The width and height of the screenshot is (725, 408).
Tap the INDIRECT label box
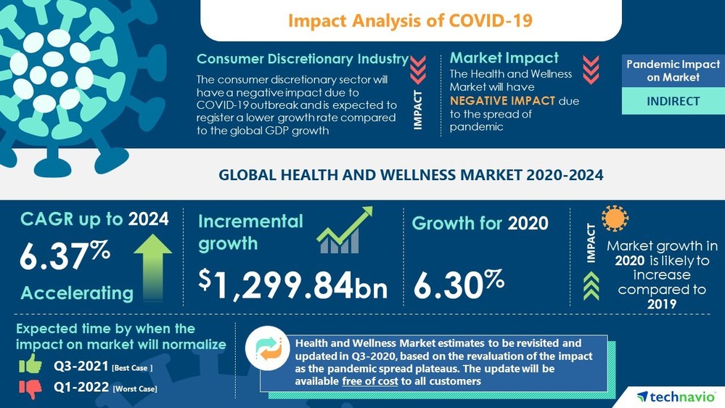point(673,101)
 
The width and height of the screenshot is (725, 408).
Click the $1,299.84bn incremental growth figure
point(293,284)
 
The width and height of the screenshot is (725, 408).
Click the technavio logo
point(675,396)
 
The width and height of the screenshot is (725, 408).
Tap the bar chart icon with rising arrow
point(344,230)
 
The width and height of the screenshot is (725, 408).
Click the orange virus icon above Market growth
point(615,219)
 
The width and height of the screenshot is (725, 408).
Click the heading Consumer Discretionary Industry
point(302,59)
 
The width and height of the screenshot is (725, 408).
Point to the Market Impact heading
point(504,57)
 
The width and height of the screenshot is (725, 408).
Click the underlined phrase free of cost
point(369,381)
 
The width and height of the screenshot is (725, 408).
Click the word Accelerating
point(76,293)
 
